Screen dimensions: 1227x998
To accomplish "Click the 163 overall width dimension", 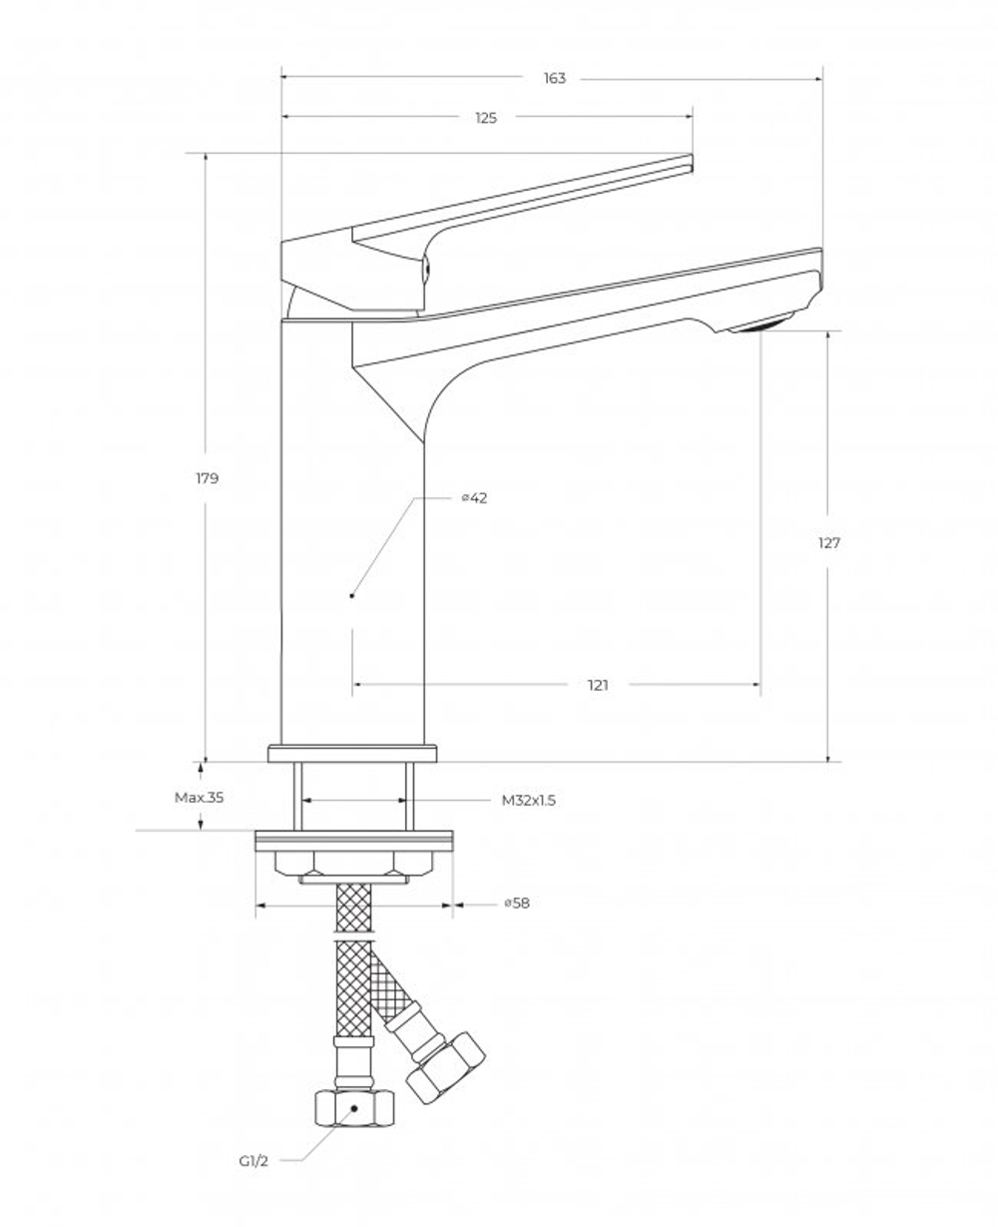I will pyautogui.click(x=554, y=78).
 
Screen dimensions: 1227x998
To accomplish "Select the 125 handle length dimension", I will pyautogui.click(x=485, y=118).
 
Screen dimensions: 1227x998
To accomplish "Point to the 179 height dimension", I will pyautogui.click(x=207, y=478).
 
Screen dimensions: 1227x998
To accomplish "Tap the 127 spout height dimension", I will pyautogui.click(x=828, y=543).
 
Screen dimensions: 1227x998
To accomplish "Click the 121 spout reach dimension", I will pyautogui.click(x=598, y=685).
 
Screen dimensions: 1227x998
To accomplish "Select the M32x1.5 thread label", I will pyautogui.click(x=528, y=801).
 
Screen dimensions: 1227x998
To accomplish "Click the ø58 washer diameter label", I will pyautogui.click(x=516, y=904).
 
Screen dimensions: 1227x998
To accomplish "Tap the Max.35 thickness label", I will pyautogui.click(x=200, y=798).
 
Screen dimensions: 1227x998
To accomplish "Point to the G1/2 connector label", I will pyautogui.click(x=252, y=1161).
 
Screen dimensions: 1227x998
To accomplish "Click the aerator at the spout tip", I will pyautogui.click(x=760, y=323).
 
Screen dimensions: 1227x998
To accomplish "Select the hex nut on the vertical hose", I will pyautogui.click(x=353, y=1107).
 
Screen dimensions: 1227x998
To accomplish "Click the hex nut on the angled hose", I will pyautogui.click(x=445, y=1067).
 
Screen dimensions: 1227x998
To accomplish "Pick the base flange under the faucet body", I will pyautogui.click(x=352, y=754).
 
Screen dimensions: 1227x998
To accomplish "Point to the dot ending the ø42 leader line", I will pyautogui.click(x=352, y=596).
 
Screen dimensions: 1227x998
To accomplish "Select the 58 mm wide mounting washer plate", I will pyautogui.click(x=354, y=840).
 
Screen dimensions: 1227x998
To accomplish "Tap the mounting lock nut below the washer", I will pyautogui.click(x=354, y=865).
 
